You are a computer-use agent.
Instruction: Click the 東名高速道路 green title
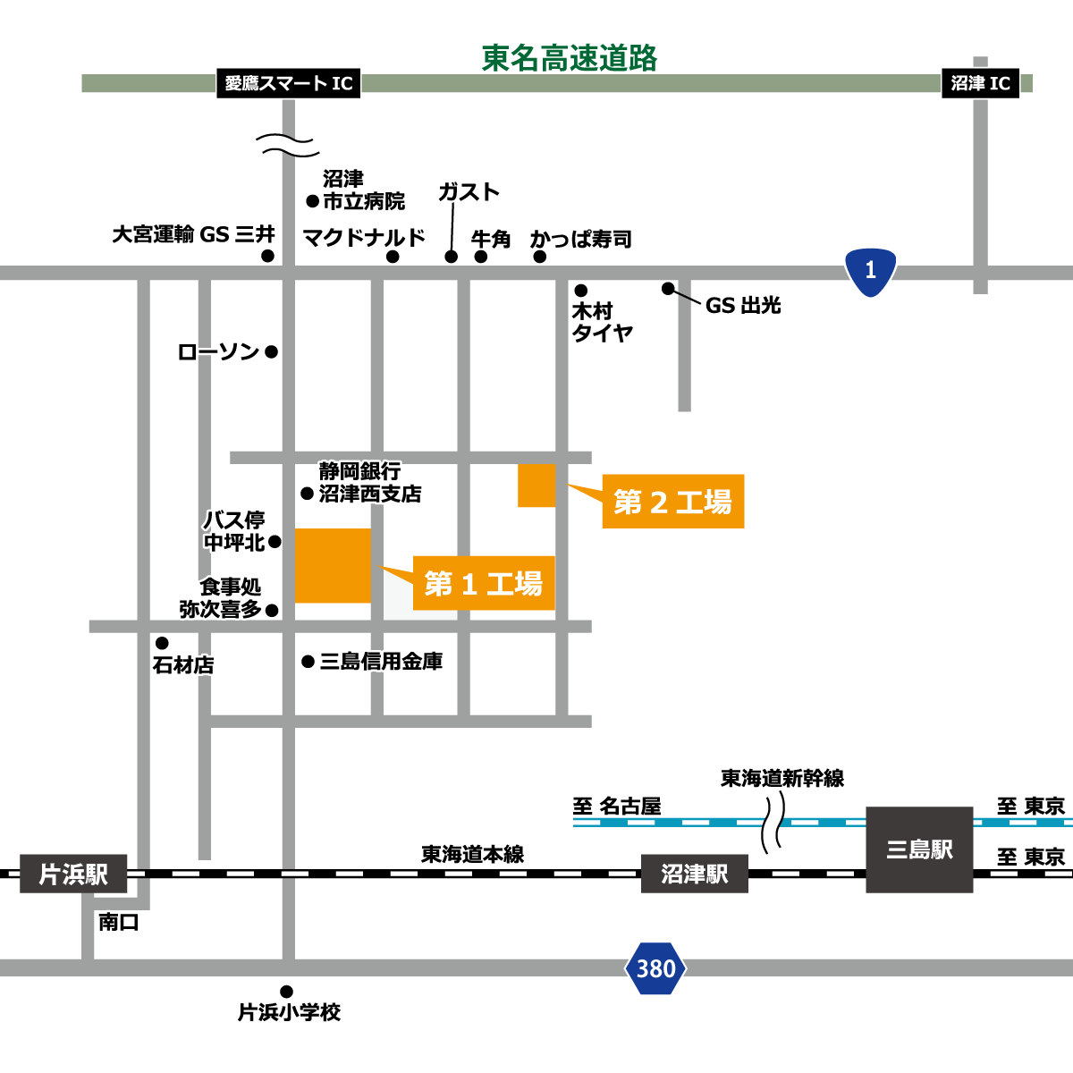tap(569, 58)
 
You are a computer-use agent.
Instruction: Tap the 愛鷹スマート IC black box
tap(289, 83)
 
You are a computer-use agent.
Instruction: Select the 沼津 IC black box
tap(980, 83)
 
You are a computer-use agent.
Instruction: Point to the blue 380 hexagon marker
tap(655, 968)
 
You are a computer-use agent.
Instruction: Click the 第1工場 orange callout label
tap(484, 583)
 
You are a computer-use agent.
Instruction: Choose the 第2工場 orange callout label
tap(673, 501)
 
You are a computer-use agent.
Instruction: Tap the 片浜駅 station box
tap(73, 874)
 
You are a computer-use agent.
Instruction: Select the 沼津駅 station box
tap(695, 874)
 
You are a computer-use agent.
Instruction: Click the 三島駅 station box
tap(919, 849)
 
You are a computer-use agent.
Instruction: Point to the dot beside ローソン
tap(271, 352)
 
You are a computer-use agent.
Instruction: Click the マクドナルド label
tap(364, 238)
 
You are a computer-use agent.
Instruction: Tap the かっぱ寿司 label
tap(581, 239)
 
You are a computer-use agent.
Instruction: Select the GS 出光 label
tap(743, 305)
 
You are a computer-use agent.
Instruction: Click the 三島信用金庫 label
tap(381, 662)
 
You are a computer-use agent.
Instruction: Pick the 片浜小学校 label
tap(289, 1011)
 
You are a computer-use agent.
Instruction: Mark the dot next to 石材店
tap(162, 643)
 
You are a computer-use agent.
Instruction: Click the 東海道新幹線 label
tap(782, 779)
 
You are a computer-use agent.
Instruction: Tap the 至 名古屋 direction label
tap(617, 807)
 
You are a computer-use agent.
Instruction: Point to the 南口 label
tap(119, 923)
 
